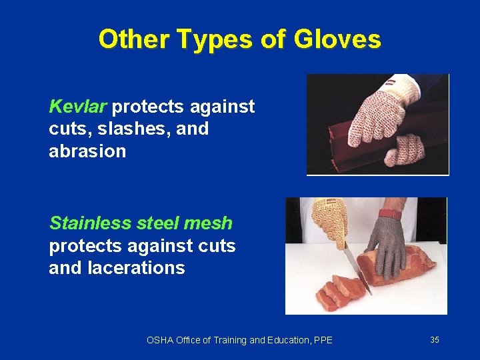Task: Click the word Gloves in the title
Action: (x=340, y=39)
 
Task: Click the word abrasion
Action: (x=87, y=151)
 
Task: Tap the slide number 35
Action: (x=435, y=340)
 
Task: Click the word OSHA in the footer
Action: (x=159, y=341)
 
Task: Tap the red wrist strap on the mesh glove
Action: (x=391, y=215)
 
